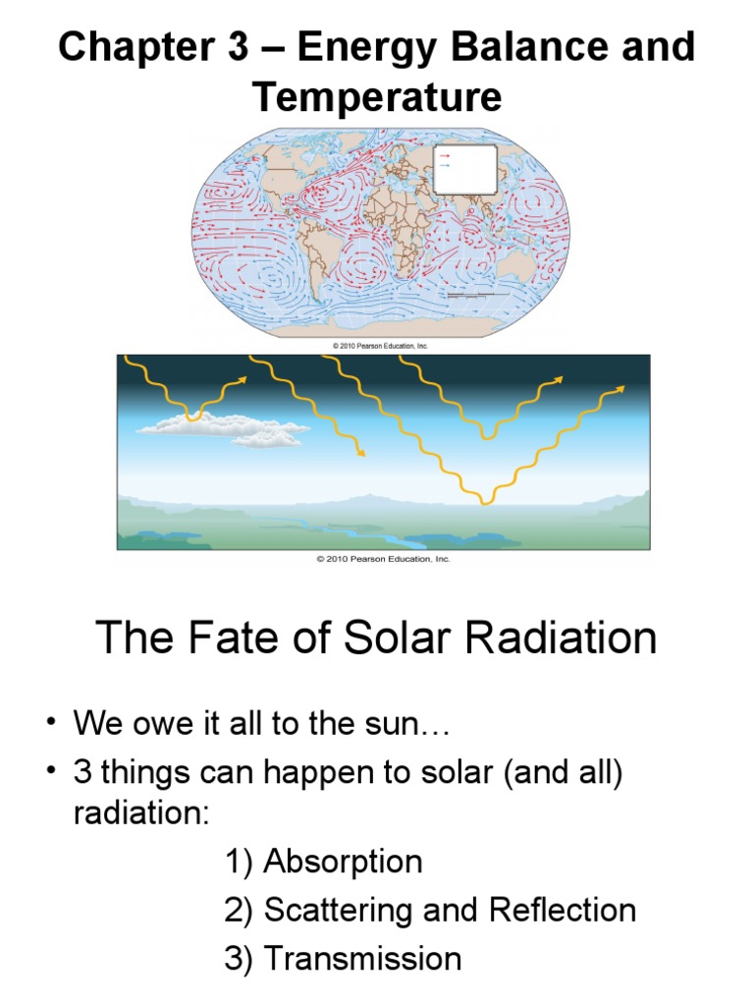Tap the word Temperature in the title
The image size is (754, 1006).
377,97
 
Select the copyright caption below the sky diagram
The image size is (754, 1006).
383,559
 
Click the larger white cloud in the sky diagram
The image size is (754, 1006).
196,423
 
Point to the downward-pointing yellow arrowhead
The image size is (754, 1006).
361,453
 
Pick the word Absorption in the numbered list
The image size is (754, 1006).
344,863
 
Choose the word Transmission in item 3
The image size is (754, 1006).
362,958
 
